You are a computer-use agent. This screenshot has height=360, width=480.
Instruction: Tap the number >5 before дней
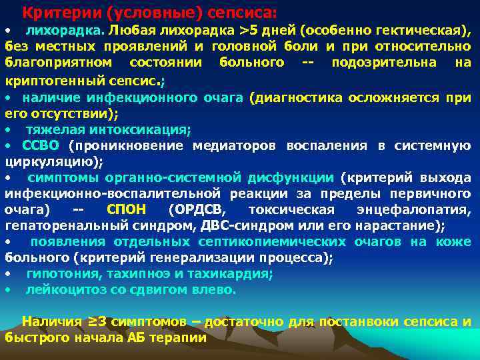[x=249, y=30]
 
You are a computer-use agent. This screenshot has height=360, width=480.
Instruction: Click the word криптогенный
[x=47, y=80]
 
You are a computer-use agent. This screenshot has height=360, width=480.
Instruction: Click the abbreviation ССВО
[x=41, y=145]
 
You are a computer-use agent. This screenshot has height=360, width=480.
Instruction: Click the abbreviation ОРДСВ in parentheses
[x=197, y=209]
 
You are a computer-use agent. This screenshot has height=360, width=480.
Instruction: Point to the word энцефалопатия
[x=421, y=209]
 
